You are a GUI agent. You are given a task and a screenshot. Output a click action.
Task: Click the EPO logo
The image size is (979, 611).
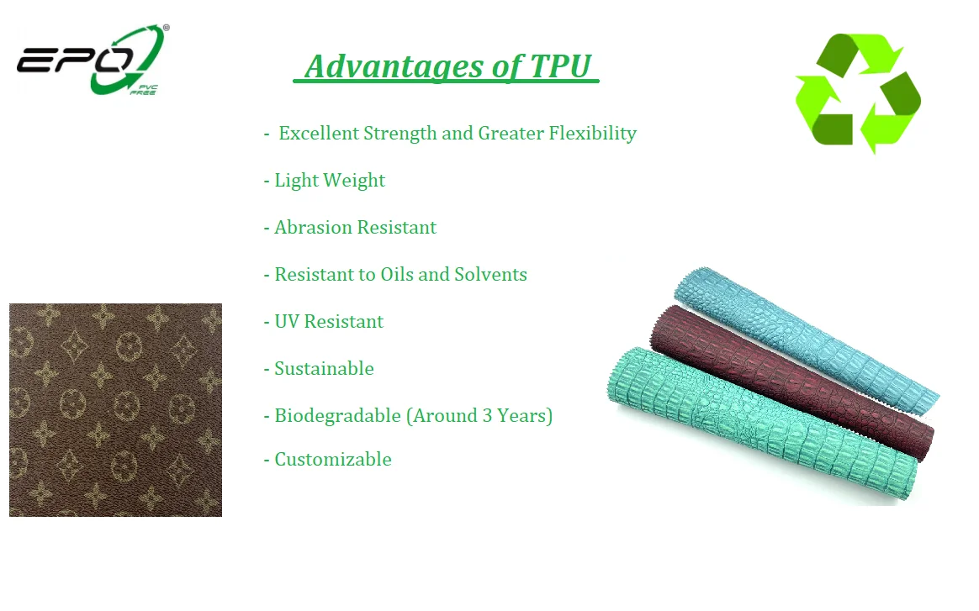(93, 60)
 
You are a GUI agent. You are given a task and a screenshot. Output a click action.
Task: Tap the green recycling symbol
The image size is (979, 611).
(858, 93)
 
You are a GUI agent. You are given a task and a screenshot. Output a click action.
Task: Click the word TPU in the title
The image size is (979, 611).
(560, 66)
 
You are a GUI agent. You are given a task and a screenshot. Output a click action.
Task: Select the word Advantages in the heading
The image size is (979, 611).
(394, 67)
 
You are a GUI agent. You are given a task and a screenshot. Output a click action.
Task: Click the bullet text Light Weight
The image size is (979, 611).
(330, 181)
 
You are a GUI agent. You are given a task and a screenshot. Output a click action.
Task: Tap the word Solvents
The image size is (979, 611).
(490, 275)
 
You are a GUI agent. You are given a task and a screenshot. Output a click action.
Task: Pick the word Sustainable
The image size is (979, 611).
(324, 368)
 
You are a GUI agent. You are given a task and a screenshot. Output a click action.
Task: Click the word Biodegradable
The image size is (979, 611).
(338, 416)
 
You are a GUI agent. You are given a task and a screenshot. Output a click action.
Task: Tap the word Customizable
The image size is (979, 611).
(333, 460)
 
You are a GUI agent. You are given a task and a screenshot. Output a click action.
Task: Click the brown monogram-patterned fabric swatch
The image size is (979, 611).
(115, 410)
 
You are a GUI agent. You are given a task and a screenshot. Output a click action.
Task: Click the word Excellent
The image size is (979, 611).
(319, 133)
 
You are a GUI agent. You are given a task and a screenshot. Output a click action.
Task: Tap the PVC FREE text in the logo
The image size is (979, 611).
(144, 90)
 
